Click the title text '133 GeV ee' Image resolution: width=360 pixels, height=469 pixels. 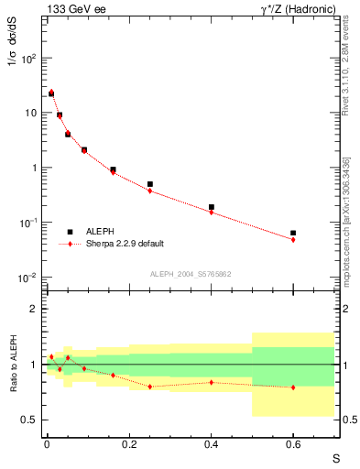point(75,9)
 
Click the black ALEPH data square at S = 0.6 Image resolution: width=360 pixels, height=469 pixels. point(293,234)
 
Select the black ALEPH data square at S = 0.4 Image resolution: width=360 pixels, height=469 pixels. point(211,208)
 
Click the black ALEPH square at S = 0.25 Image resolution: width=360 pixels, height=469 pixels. point(149,184)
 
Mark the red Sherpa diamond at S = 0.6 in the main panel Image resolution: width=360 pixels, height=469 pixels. point(293,240)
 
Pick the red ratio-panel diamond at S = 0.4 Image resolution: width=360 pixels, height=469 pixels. point(211,382)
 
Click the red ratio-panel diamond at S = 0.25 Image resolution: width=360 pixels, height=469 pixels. point(149,387)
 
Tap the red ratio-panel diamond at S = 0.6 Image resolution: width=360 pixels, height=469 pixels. point(293,387)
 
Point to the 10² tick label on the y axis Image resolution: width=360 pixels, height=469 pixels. point(27,58)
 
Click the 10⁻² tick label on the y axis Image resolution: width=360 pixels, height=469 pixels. point(27,278)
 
